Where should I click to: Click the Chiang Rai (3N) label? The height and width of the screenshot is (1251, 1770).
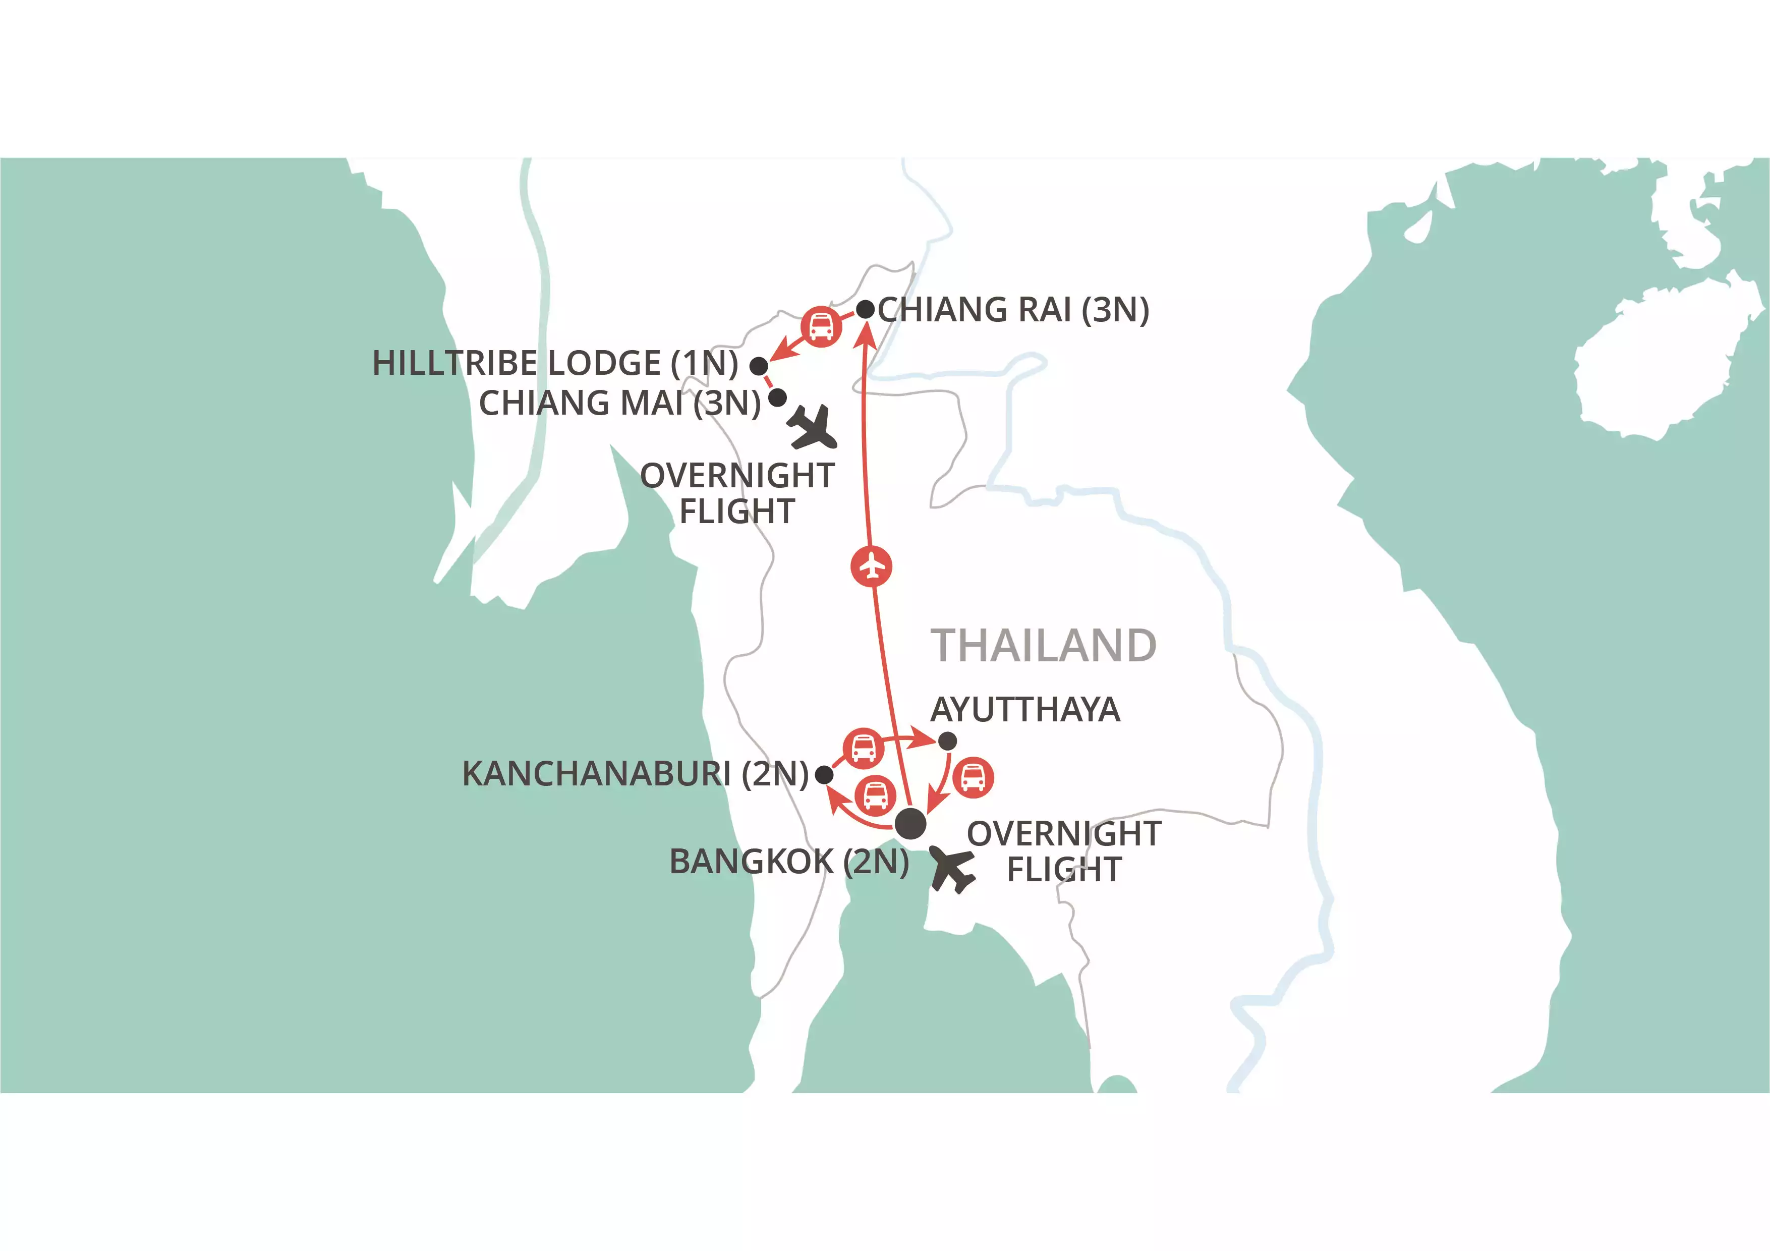1013,310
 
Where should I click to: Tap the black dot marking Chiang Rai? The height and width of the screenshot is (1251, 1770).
866,309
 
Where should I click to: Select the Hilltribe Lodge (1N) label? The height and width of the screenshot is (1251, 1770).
555,363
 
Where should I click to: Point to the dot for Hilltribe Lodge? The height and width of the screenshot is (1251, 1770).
759,365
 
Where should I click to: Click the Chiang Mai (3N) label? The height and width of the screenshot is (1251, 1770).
620,403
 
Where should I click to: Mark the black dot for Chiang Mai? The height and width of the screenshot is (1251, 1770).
777,397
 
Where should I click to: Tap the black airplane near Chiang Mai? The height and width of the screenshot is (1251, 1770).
813,427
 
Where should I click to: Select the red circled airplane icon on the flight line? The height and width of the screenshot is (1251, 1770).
872,566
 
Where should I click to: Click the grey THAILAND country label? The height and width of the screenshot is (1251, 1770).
1043,645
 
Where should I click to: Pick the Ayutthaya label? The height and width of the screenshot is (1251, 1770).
1025,709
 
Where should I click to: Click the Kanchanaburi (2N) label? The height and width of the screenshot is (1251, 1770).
635,774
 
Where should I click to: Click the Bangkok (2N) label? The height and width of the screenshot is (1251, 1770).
788,862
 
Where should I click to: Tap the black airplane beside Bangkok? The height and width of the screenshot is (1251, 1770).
952,869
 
